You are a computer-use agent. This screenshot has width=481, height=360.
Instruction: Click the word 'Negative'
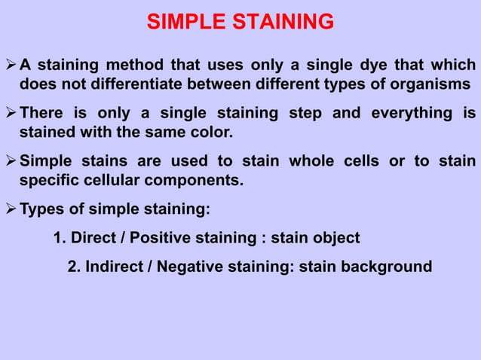(188, 266)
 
